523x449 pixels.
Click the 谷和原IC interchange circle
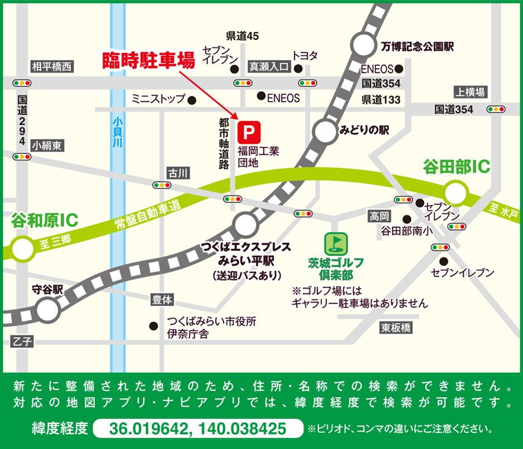click(22, 249)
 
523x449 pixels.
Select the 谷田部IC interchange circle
click(456, 192)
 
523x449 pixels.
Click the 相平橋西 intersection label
click(52, 67)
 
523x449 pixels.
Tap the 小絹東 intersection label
click(47, 146)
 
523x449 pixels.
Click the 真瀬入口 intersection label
click(268, 67)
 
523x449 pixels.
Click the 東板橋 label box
click(396, 327)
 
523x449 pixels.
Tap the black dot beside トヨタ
click(298, 69)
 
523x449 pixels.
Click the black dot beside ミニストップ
click(192, 100)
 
